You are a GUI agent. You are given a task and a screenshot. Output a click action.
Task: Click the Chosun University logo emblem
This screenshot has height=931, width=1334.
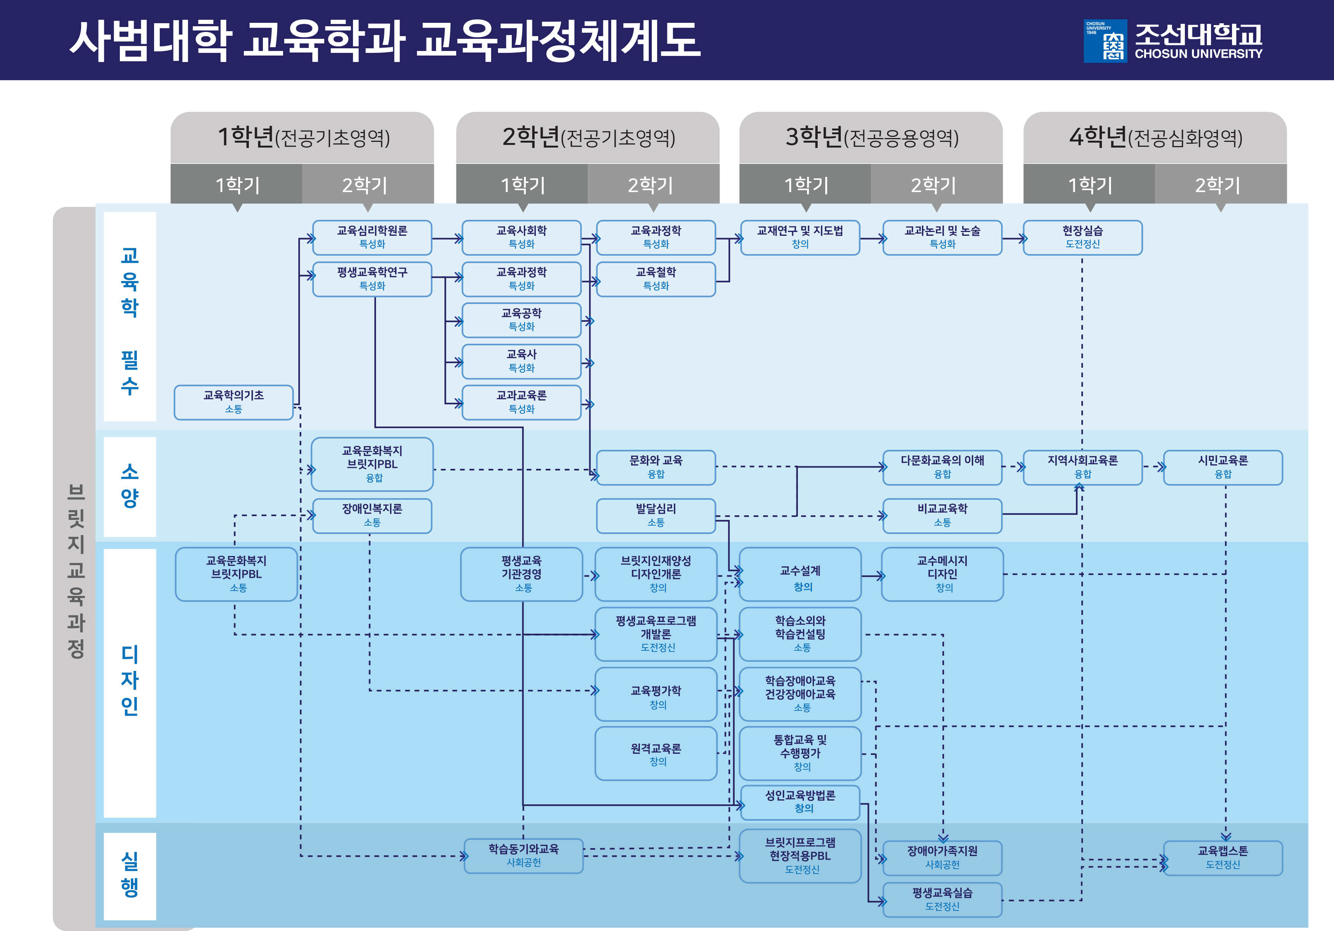[1105, 41]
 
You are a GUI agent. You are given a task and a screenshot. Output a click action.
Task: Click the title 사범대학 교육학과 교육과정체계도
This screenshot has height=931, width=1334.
[385, 41]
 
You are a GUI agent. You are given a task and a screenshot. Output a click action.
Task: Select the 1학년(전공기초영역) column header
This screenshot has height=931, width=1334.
[302, 138]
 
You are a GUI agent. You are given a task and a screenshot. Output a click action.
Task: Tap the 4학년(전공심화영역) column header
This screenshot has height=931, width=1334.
[1155, 138]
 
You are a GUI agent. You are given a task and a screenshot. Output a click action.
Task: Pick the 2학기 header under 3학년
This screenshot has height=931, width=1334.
[933, 185]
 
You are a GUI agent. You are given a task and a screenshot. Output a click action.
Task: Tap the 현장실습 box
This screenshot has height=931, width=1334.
[1082, 237]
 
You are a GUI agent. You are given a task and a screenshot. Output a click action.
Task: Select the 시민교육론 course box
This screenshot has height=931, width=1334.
[1223, 467]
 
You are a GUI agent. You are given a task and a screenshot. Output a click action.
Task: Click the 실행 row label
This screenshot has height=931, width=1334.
[130, 875]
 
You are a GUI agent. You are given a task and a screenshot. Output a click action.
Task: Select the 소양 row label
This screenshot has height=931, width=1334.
[130, 486]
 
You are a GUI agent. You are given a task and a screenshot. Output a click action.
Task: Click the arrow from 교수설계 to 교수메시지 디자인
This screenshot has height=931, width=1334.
[872, 575]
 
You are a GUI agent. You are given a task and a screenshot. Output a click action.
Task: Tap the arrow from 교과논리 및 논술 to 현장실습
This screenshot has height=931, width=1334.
[1013, 238]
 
